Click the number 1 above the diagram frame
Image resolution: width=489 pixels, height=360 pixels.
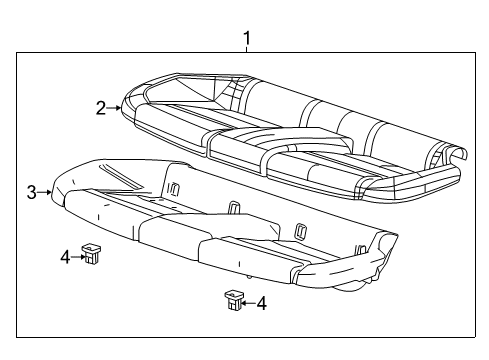point(246,40)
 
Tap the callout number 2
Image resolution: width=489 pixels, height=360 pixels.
point(101,108)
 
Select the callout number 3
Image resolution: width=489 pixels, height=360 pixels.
point(31,192)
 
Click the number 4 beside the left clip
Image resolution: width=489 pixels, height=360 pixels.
point(66,257)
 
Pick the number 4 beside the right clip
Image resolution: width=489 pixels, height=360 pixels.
point(261,302)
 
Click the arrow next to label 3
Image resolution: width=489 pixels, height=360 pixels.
point(45,192)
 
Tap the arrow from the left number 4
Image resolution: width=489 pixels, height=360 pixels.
point(78,257)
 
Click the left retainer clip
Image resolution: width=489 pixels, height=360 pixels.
point(92,254)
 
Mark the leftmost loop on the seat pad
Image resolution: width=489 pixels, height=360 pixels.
point(173,189)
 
